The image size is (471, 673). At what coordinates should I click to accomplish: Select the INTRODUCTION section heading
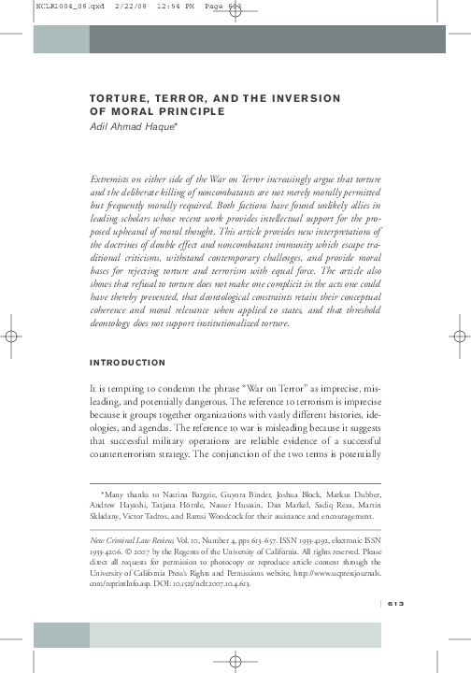tap(127, 363)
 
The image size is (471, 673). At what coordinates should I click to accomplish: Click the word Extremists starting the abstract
tap(112, 176)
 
